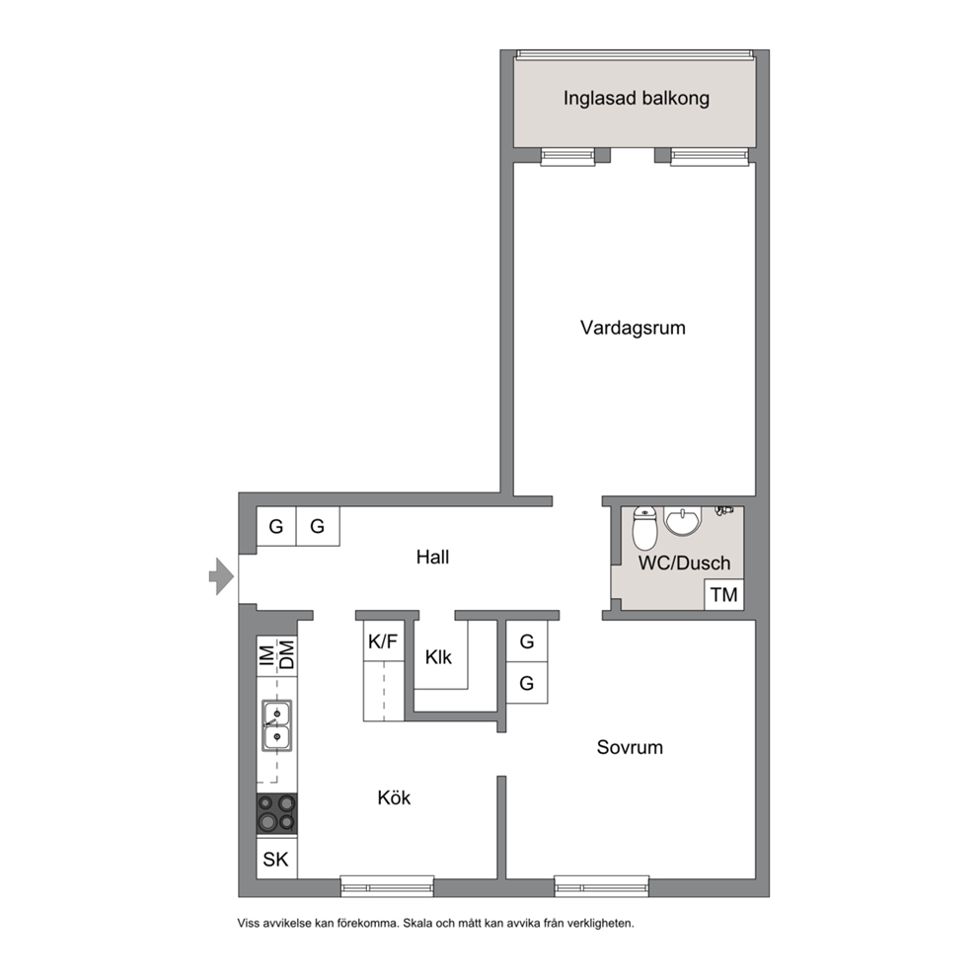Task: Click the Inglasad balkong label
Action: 637,99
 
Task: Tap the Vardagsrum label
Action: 633,328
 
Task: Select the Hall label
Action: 432,557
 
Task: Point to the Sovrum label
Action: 630,747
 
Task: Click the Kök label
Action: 394,797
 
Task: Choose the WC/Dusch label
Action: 684,564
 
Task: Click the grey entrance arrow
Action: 221,575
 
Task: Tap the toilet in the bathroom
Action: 645,528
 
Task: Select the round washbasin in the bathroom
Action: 683,522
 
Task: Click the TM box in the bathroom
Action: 724,594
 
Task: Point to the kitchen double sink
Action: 276,725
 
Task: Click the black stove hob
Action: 277,813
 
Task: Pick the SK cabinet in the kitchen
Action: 276,859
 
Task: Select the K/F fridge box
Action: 383,641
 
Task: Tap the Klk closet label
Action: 438,657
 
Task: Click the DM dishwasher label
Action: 286,655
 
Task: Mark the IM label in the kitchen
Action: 266,655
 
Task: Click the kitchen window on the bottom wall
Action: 387,886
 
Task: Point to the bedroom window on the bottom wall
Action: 602,886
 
